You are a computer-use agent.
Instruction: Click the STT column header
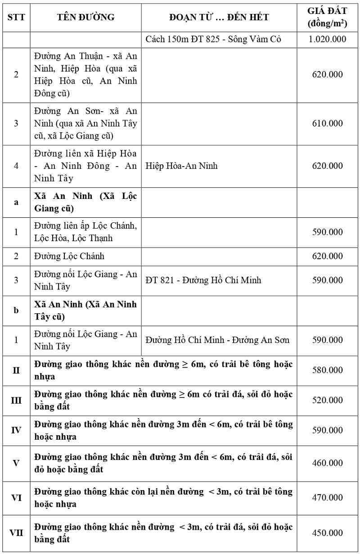[x=16, y=17]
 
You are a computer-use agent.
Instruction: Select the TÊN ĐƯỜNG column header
[x=85, y=17]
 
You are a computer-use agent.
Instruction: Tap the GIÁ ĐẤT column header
[x=327, y=17]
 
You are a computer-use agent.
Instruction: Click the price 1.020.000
[x=327, y=39]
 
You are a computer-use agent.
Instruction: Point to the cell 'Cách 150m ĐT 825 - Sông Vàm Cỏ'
[x=213, y=39]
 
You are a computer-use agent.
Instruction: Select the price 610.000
[x=327, y=123]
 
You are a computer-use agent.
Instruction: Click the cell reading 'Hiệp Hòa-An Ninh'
[x=181, y=166]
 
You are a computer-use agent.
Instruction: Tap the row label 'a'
[x=16, y=202]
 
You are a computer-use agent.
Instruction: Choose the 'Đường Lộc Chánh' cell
[x=69, y=256]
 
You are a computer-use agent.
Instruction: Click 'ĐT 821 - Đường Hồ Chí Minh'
[x=203, y=280]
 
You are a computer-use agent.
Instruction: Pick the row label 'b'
[x=16, y=311]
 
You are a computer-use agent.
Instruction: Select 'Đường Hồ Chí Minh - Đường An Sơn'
[x=217, y=340]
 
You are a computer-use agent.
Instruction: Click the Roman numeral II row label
[x=16, y=370]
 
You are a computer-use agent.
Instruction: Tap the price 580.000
[x=327, y=370]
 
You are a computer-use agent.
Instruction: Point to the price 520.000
[x=327, y=401]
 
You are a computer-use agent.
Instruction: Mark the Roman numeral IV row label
[x=16, y=430]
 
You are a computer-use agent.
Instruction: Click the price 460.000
[x=327, y=463]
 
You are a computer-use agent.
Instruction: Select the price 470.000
[x=327, y=498]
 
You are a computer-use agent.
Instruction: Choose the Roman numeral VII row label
[x=16, y=533]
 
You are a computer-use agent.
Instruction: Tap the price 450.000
[x=327, y=533]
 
